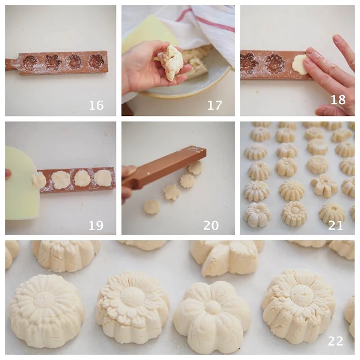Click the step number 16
pos(96,105)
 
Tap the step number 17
pos(215,105)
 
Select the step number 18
pos(338,100)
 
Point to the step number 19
pos(96,225)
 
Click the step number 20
pos(211,225)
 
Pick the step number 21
pos(336,226)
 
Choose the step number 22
pos(335,341)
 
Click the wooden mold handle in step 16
pos(12,65)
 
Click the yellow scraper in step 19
pos(21,181)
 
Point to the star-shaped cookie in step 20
pos(171,192)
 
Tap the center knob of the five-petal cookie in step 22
pos(213,308)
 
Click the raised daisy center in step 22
pos(133,296)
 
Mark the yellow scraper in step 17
pos(149,31)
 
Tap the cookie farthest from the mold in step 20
pos(151,206)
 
